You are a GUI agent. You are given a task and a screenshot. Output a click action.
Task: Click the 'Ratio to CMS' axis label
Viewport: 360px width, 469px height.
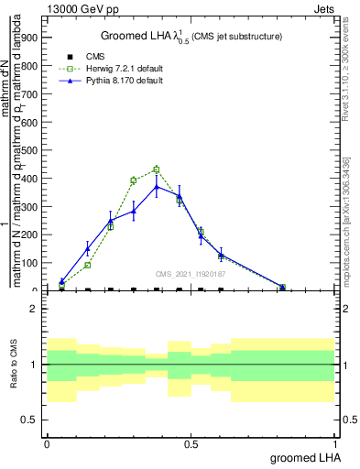click(14, 364)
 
